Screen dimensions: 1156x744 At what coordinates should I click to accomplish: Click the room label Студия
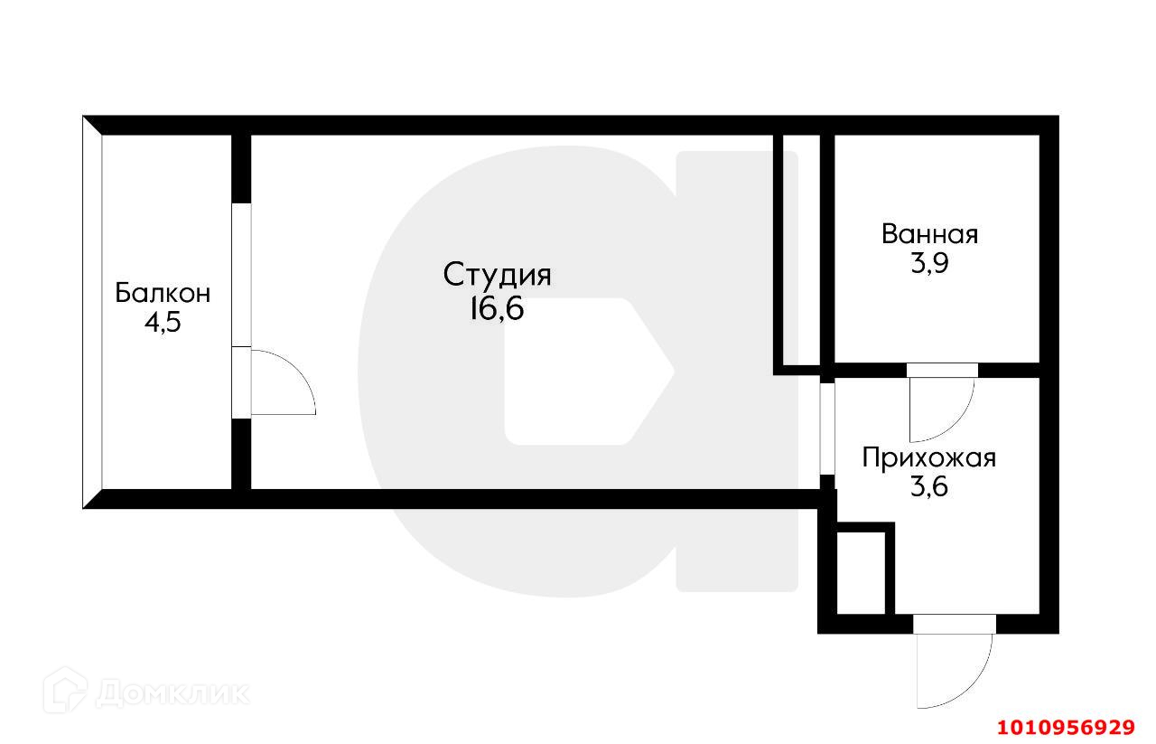497,275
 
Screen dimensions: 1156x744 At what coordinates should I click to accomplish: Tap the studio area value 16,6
496,309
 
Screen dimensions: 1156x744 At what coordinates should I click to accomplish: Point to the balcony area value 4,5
163,323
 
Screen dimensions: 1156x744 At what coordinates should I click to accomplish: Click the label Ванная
929,235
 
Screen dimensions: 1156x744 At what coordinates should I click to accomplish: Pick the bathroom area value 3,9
929,265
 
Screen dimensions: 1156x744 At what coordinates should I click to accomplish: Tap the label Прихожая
928,457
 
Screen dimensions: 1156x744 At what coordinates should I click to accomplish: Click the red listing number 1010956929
1065,727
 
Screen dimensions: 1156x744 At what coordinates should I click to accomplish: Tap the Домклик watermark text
172,692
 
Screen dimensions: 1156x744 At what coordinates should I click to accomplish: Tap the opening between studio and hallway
826,429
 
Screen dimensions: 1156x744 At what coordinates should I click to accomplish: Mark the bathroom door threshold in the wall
942,369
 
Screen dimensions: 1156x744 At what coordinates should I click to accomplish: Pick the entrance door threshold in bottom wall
954,624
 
